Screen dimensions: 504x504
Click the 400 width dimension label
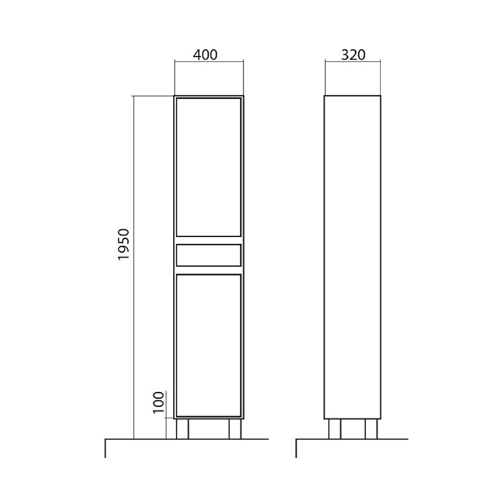click(205, 55)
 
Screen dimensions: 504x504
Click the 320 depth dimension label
click(353, 55)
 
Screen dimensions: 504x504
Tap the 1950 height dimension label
click(123, 244)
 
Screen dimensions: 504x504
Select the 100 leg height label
click(158, 402)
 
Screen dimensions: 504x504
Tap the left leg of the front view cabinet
click(182, 429)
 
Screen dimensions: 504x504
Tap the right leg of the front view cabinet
click(235, 429)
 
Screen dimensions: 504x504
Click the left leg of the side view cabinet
click(335, 429)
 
